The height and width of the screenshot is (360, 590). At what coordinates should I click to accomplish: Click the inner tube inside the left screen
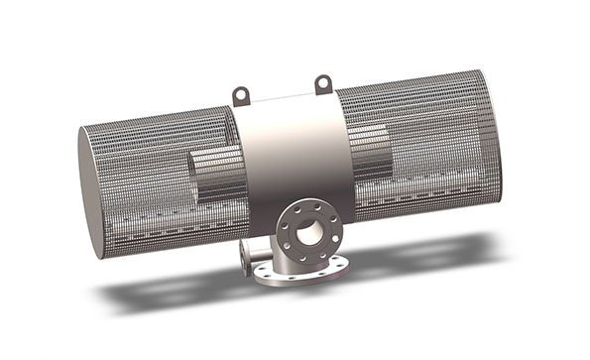(x=213, y=174)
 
